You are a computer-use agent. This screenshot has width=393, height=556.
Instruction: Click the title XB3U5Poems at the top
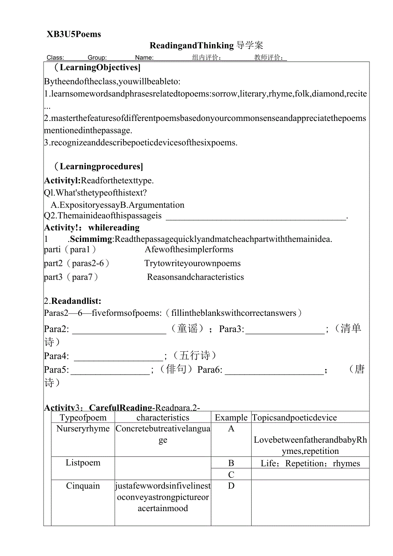coord(74,35)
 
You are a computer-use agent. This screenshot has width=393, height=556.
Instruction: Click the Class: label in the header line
coord(55,58)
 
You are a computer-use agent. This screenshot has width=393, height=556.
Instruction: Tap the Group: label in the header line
coord(97,58)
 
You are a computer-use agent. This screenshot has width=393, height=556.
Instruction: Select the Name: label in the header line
coord(144,58)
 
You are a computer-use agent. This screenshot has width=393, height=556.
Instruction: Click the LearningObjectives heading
coord(97,68)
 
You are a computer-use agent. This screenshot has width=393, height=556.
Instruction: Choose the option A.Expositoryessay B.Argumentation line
coord(117,205)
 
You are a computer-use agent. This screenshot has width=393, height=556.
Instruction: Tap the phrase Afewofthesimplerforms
coord(189,250)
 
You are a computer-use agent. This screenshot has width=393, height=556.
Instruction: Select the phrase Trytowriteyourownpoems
coord(192,263)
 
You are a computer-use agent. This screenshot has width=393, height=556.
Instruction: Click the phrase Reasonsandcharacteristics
coord(195,277)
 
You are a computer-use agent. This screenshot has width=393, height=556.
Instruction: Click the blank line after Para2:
coord(120,332)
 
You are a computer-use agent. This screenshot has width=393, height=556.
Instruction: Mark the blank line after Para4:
coord(119,359)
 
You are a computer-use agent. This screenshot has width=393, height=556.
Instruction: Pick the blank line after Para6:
coord(274,373)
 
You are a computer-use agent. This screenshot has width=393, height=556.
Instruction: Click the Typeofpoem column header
coord(83,418)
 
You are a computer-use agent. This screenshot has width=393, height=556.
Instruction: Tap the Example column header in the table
coord(231,418)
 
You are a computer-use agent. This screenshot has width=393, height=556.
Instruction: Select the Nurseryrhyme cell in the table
coord(83,429)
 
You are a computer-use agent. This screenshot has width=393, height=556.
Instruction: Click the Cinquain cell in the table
coord(83,486)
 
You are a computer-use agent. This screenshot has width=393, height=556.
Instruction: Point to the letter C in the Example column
coord(231,474)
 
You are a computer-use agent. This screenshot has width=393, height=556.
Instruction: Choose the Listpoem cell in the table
coord(83,463)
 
